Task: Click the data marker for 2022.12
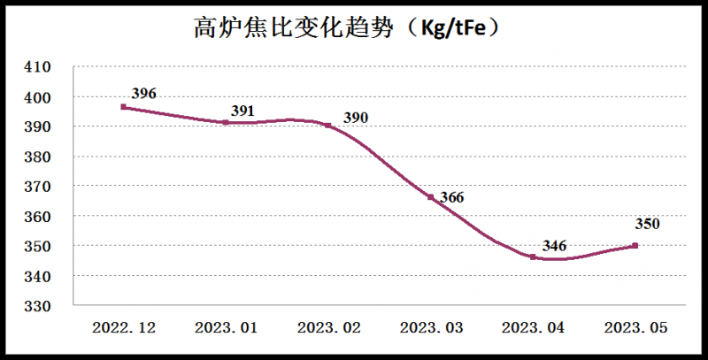click(x=124, y=107)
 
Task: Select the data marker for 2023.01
click(x=226, y=122)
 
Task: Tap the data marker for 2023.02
click(x=327, y=126)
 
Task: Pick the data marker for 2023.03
click(x=430, y=197)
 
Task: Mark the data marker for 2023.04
click(x=533, y=257)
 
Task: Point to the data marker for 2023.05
click(x=635, y=246)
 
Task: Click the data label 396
click(x=143, y=93)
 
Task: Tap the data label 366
click(x=451, y=197)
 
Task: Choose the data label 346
click(x=554, y=245)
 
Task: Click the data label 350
click(x=647, y=225)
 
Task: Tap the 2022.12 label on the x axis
click(x=124, y=328)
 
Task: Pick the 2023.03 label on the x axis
click(x=430, y=328)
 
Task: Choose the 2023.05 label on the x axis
click(x=635, y=328)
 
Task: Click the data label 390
click(x=355, y=119)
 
